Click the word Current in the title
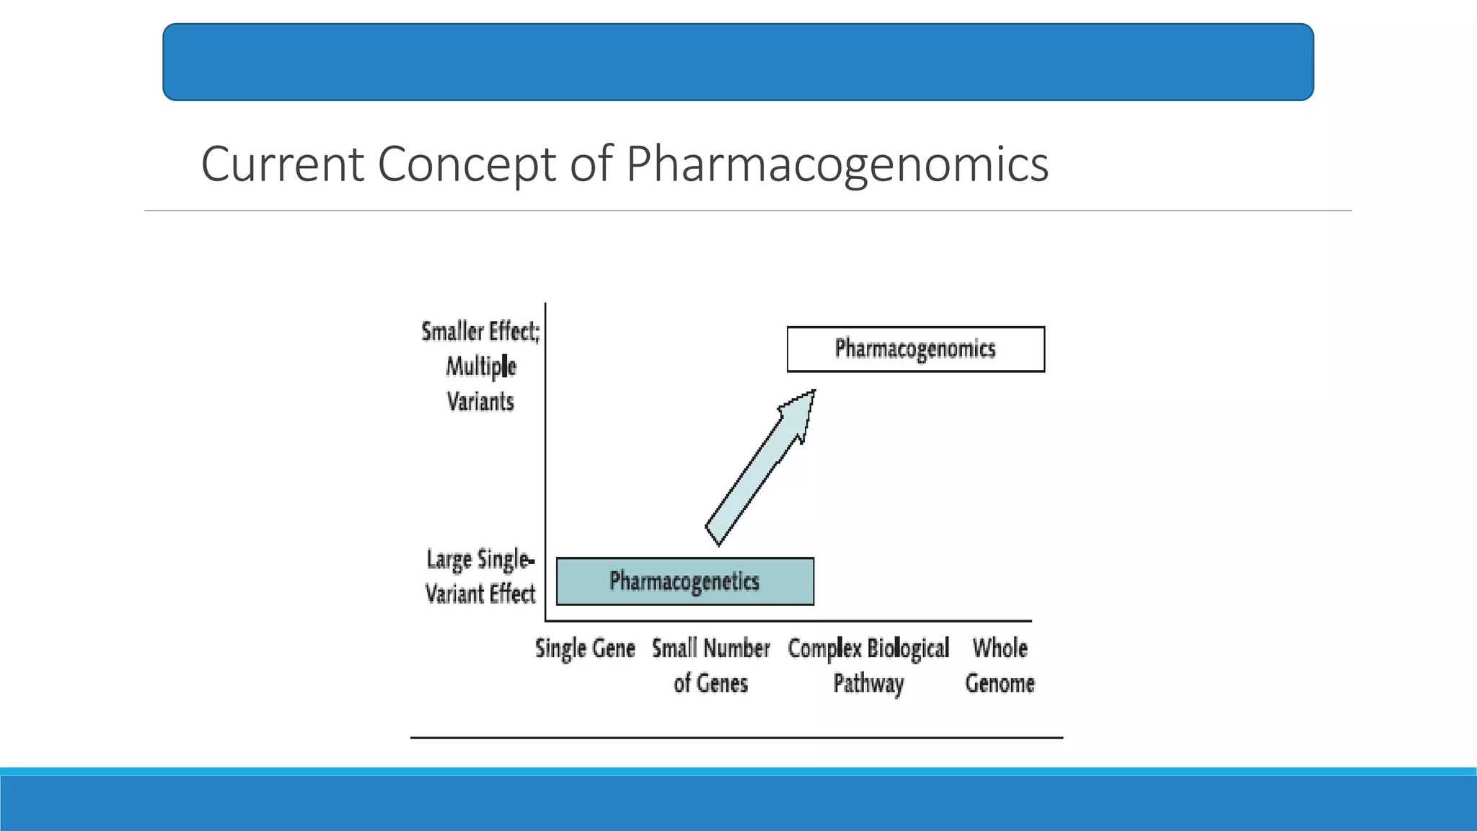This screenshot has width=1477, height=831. [282, 164]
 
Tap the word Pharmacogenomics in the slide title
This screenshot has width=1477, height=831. [837, 164]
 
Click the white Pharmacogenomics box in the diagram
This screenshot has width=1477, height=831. [915, 349]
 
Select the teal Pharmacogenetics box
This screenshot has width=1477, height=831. [684, 581]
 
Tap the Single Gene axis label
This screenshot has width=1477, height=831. [585, 648]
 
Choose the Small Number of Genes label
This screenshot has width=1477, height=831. [710, 665]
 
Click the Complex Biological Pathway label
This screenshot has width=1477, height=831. [868, 665]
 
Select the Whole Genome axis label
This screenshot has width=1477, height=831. [1000, 665]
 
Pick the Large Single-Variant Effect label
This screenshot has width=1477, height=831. [480, 576]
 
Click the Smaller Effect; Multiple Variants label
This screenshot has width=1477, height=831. [480, 366]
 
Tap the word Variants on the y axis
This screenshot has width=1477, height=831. [480, 402]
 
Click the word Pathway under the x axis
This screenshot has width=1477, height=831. [868, 683]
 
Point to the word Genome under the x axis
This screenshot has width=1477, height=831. [1000, 683]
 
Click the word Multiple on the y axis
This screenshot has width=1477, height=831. [480, 366]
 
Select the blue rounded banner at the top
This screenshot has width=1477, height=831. [738, 62]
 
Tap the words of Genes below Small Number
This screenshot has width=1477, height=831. [710, 683]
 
